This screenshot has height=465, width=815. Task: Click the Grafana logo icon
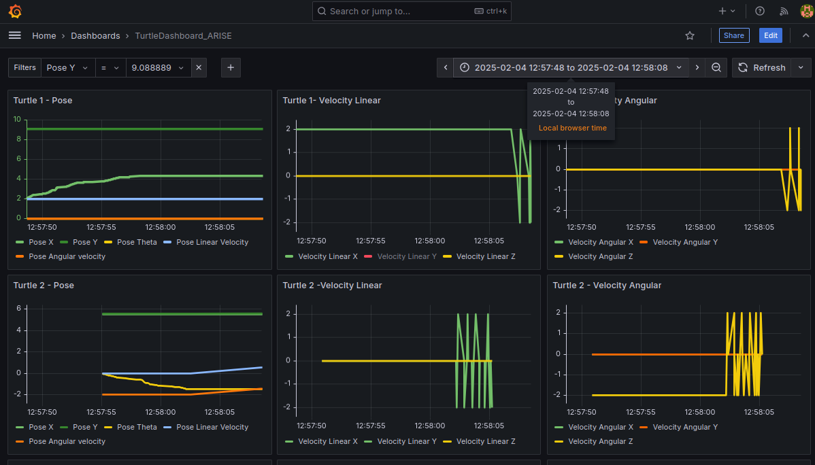[15, 11]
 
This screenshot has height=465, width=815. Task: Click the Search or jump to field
[412, 11]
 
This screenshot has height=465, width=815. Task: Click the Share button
[734, 35]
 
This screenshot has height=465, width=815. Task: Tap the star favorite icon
[690, 35]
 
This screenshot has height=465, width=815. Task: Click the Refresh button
[762, 67]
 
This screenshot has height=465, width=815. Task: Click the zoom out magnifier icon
[716, 67]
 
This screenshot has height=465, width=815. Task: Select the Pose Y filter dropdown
[67, 67]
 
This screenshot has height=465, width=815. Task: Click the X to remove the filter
[199, 67]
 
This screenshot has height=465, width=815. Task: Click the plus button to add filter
[231, 67]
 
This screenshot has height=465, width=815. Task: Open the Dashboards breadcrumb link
[95, 36]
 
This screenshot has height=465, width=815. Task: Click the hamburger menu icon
[15, 35]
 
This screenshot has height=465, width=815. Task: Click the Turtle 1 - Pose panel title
[43, 100]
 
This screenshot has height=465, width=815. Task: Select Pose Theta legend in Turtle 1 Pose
[137, 242]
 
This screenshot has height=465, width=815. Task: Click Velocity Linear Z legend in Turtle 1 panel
[486, 257]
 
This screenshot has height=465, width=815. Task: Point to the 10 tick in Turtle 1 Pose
[17, 120]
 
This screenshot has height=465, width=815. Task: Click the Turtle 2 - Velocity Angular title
[607, 286]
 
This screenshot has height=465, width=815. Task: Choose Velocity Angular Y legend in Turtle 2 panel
[685, 427]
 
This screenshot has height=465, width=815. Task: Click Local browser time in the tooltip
[573, 128]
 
